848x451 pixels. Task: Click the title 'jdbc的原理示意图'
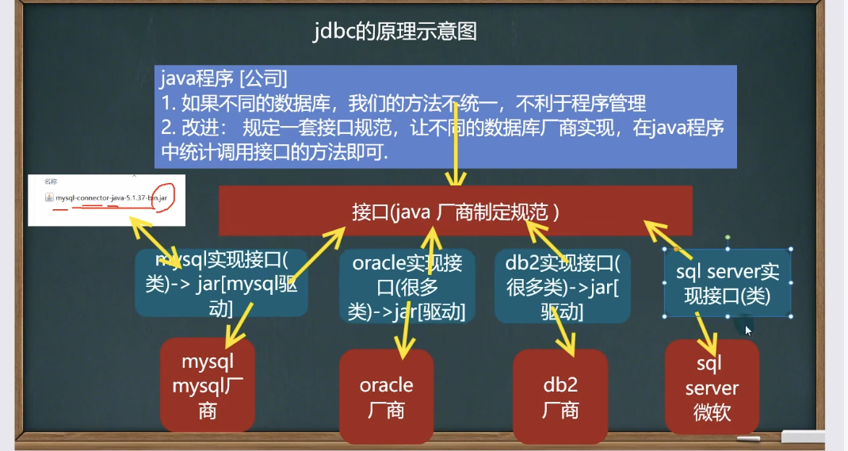click(395, 32)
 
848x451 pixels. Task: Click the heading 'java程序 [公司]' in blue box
click(223, 78)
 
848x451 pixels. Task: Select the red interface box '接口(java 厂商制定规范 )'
click(456, 212)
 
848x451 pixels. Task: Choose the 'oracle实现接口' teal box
click(407, 286)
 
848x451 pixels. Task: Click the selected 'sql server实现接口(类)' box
click(728, 284)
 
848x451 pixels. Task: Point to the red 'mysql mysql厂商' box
click(208, 386)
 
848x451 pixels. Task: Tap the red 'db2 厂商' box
click(560, 397)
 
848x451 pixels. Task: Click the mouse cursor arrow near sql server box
click(748, 330)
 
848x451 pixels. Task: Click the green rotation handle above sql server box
click(728, 237)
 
